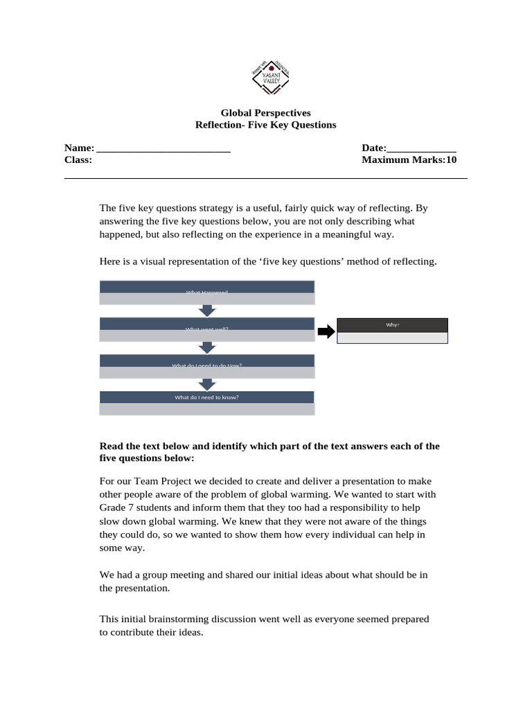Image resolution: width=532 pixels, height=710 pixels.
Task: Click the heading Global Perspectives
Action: coord(265,112)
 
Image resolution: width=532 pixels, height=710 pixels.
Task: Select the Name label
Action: coord(78,148)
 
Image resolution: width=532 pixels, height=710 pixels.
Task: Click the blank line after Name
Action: coord(163,148)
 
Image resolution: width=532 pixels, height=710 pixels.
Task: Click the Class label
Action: coord(78,160)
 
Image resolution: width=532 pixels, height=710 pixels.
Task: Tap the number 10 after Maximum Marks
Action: coord(451,160)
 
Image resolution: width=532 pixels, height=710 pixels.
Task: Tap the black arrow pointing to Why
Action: coord(326,333)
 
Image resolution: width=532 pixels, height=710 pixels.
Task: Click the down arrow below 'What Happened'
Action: coord(207,311)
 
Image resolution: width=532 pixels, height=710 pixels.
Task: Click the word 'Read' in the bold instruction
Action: coord(112,446)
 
